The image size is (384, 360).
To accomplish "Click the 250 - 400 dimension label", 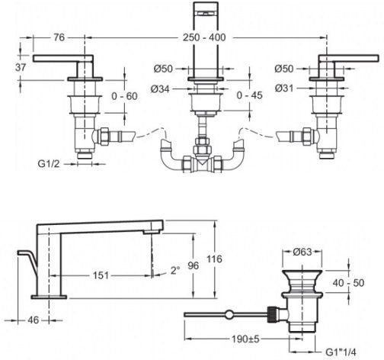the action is (204, 37).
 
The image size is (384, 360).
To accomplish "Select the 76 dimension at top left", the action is (59, 37).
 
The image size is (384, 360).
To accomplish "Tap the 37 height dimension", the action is (21, 67).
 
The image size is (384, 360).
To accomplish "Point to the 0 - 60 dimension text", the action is (124, 96).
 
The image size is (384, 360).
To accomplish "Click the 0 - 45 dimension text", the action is (249, 95).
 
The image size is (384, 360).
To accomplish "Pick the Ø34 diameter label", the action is (160, 89).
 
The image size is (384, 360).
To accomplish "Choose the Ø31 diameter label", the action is (284, 88).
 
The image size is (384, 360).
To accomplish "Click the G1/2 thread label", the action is (49, 164).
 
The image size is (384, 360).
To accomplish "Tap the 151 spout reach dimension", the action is (101, 275).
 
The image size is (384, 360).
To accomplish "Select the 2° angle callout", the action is (175, 270).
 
